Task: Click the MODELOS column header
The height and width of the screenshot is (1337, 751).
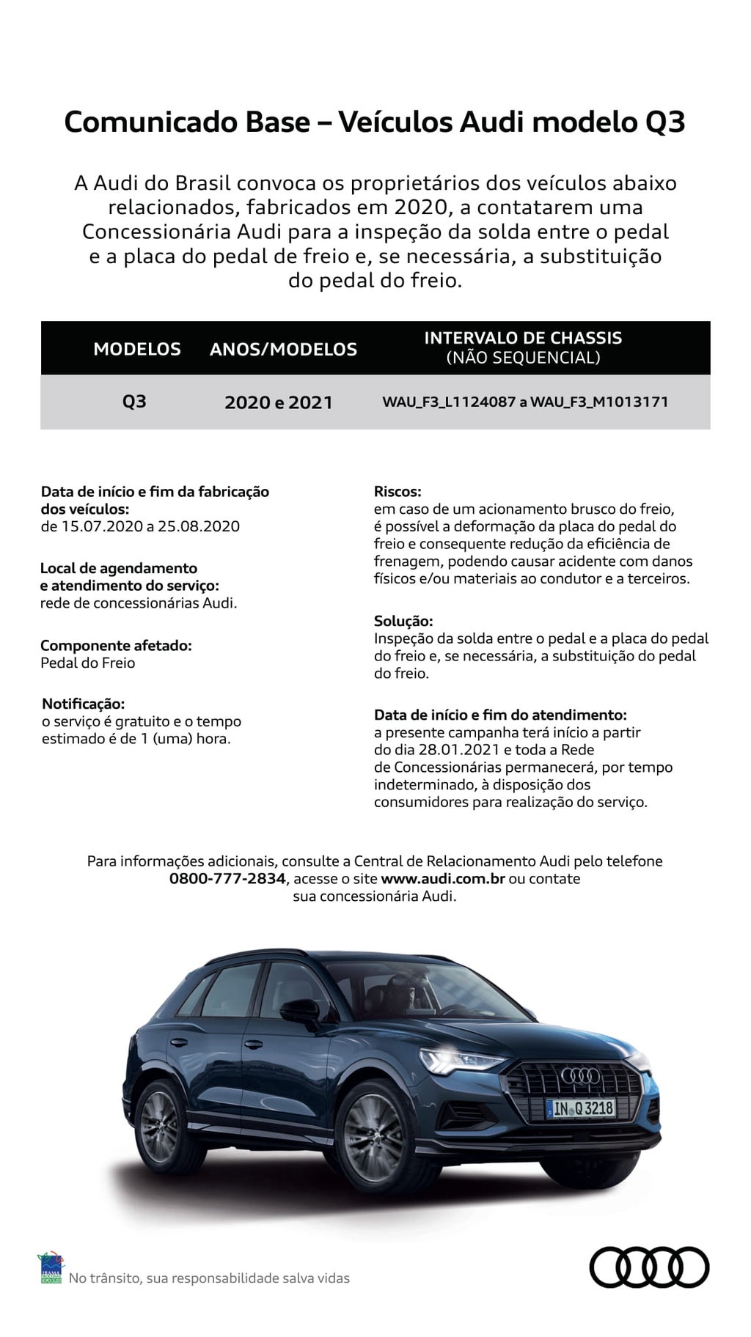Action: (x=137, y=349)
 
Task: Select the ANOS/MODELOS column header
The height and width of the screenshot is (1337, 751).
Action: (x=283, y=350)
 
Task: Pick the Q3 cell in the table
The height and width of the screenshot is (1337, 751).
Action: (x=134, y=402)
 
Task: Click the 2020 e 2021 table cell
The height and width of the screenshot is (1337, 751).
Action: (x=279, y=402)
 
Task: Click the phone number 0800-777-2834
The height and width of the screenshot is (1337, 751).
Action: (x=227, y=878)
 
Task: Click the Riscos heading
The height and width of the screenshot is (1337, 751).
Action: (x=398, y=491)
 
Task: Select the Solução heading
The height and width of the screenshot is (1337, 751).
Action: (x=403, y=621)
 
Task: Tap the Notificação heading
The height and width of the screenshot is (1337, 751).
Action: (x=83, y=704)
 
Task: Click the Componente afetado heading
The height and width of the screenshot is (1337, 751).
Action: (x=116, y=645)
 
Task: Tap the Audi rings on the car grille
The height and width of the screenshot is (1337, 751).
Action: (x=582, y=1075)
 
